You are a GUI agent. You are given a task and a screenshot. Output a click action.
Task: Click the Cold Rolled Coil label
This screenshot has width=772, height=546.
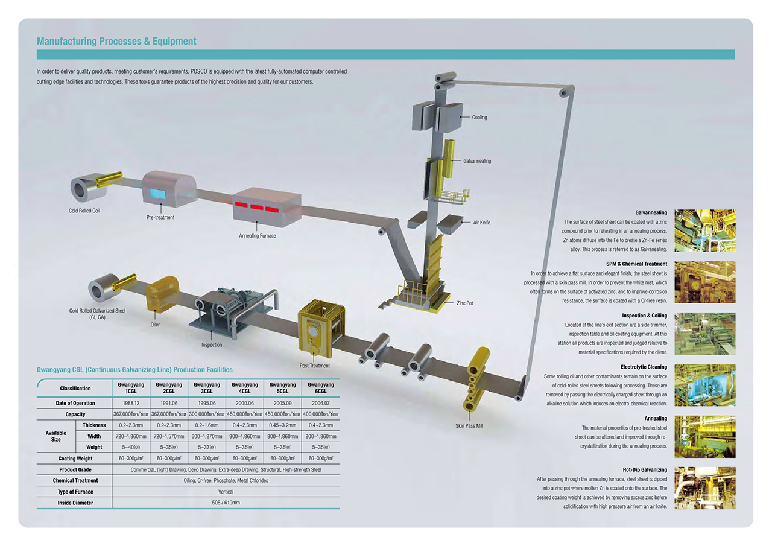click(x=84, y=211)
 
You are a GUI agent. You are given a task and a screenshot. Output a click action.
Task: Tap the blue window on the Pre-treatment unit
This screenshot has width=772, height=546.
click(x=158, y=194)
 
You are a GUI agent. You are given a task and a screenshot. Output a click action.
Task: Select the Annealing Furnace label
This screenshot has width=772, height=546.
click(x=258, y=236)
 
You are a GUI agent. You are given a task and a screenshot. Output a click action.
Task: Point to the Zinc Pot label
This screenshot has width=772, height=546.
click(x=464, y=303)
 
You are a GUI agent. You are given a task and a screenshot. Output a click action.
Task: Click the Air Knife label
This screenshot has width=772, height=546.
click(x=481, y=223)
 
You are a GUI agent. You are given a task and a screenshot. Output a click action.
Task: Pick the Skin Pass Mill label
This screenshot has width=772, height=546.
click(x=469, y=426)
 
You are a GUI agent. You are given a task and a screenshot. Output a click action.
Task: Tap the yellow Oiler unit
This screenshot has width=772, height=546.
click(x=162, y=293)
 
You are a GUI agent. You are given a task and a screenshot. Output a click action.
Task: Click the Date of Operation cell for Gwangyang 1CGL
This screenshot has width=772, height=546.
click(x=131, y=403)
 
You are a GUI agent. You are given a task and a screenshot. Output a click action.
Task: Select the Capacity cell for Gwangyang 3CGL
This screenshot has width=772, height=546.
click(x=207, y=414)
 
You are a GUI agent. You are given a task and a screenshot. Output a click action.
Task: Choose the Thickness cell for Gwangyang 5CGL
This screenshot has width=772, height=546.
click(x=283, y=425)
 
